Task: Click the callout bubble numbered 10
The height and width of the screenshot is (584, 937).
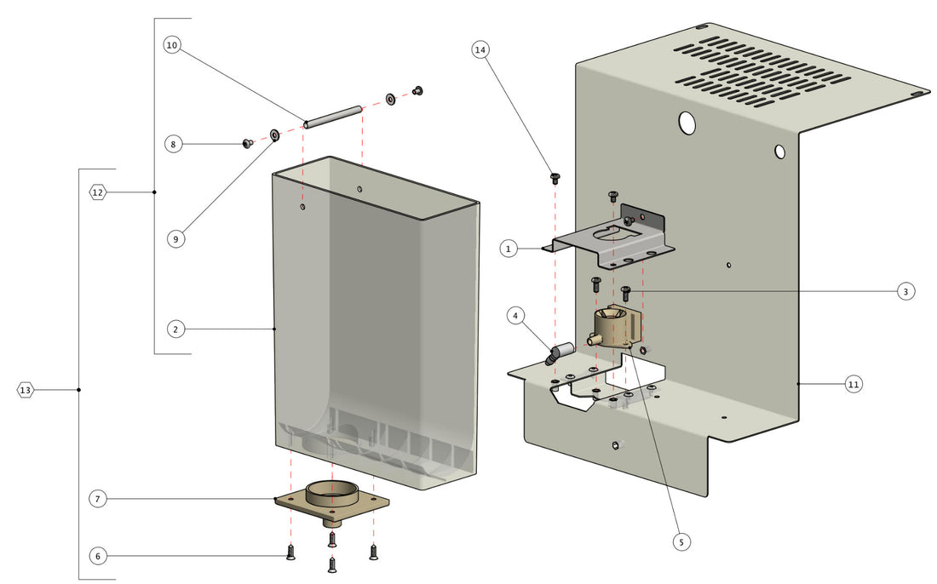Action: (x=172, y=46)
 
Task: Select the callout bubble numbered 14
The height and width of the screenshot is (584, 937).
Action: (x=480, y=50)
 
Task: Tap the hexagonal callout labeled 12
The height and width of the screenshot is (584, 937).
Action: (x=98, y=192)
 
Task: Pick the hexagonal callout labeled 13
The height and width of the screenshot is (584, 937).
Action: (x=26, y=390)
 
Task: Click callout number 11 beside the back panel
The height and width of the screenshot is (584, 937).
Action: (x=854, y=385)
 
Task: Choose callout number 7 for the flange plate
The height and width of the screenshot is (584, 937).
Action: (x=99, y=499)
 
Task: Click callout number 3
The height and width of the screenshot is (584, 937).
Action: (x=905, y=291)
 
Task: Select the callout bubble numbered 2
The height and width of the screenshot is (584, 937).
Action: (x=174, y=329)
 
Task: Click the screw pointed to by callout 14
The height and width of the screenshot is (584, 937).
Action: (x=555, y=178)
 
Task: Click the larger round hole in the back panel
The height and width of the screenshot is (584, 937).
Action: (x=687, y=123)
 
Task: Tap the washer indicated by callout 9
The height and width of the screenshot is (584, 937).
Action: (x=275, y=135)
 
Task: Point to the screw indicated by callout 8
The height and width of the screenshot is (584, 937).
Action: (x=248, y=144)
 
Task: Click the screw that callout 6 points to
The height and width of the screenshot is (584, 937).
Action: (x=291, y=553)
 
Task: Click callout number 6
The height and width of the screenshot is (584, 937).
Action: (x=98, y=556)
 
